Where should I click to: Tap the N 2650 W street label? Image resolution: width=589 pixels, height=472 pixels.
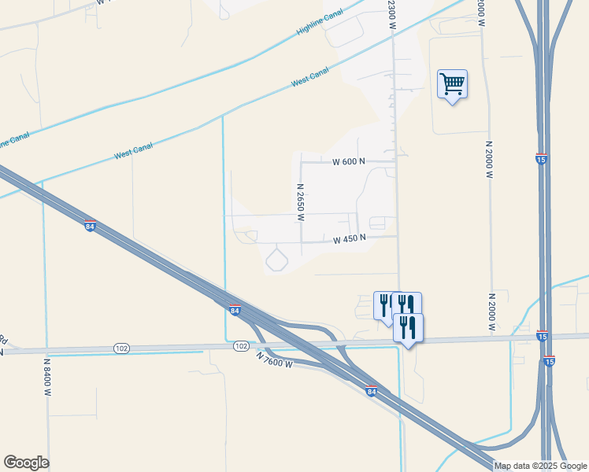pyautogui.click(x=300, y=202)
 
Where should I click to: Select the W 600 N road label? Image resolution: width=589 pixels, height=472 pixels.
pyautogui.click(x=349, y=161)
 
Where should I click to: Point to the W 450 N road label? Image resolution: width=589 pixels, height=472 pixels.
pyautogui.click(x=350, y=240)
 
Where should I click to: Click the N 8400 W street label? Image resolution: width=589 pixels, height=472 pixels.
pyautogui.click(x=47, y=377)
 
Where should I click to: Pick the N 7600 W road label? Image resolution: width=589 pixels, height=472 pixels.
pyautogui.click(x=274, y=360)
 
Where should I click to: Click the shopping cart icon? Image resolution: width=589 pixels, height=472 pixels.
pyautogui.click(x=452, y=83)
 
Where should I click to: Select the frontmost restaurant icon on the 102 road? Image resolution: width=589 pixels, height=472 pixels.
pyautogui.click(x=408, y=326)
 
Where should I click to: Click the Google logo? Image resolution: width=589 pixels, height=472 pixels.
pyautogui.click(x=26, y=463)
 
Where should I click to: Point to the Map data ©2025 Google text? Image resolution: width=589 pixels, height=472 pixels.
pyautogui.click(x=539, y=466)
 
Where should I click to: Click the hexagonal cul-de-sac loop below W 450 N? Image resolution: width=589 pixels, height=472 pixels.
pyautogui.click(x=277, y=259)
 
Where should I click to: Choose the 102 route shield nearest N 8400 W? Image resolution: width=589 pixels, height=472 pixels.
pyautogui.click(x=120, y=348)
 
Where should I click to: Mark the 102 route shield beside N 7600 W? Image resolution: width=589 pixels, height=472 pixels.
pyautogui.click(x=241, y=345)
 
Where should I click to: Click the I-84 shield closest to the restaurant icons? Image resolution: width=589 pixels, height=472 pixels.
pyautogui.click(x=371, y=390)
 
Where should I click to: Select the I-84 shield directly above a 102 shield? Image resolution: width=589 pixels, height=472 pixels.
pyautogui.click(x=234, y=310)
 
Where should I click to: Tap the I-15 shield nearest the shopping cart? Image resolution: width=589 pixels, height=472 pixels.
pyautogui.click(x=542, y=159)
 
